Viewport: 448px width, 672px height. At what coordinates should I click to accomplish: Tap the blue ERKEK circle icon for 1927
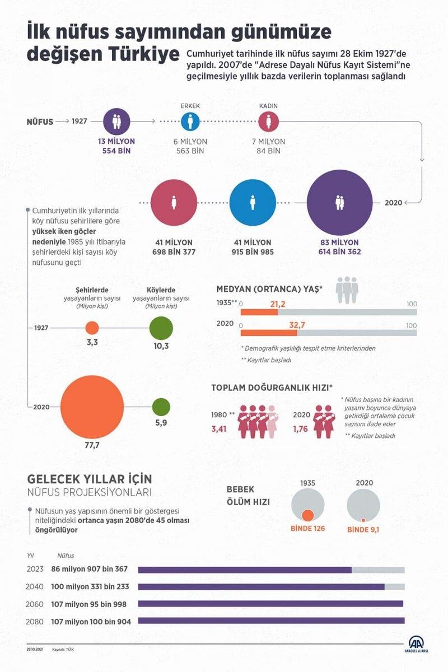pyautogui.click(x=190, y=120)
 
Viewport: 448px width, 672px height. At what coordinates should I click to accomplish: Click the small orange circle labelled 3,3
pyautogui.click(x=92, y=328)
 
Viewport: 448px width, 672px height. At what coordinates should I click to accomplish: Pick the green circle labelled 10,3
pyautogui.click(x=161, y=328)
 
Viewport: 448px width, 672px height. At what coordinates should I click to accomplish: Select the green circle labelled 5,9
pyautogui.click(x=161, y=407)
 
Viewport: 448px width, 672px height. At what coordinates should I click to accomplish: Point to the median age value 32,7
pyautogui.click(x=297, y=324)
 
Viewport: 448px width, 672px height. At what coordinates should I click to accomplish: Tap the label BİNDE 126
pyautogui.click(x=307, y=529)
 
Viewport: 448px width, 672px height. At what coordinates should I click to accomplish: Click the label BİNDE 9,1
pyautogui.click(x=363, y=529)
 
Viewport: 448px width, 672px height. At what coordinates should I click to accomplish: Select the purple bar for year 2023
pyautogui.click(x=245, y=570)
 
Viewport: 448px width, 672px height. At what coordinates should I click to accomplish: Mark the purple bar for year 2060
pyautogui.click(x=270, y=604)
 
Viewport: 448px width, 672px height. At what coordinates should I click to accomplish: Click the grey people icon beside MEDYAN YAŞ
pyautogui.click(x=347, y=290)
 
